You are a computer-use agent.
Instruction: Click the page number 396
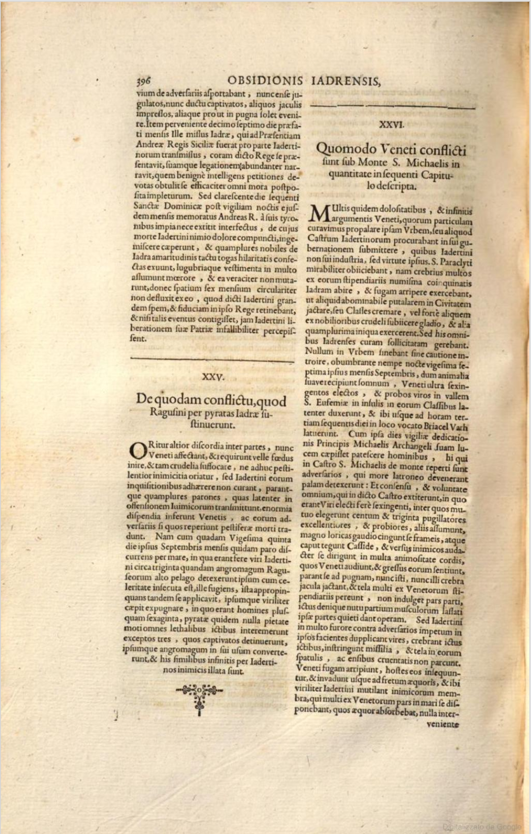[x=143, y=81]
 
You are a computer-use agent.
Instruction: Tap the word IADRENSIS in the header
[x=346, y=81]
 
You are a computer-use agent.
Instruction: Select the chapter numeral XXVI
[x=391, y=125]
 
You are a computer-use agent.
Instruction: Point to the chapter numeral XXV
[x=213, y=377]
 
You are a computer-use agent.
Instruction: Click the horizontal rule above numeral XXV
[x=212, y=360]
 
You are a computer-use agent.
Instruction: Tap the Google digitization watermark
[x=482, y=826]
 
